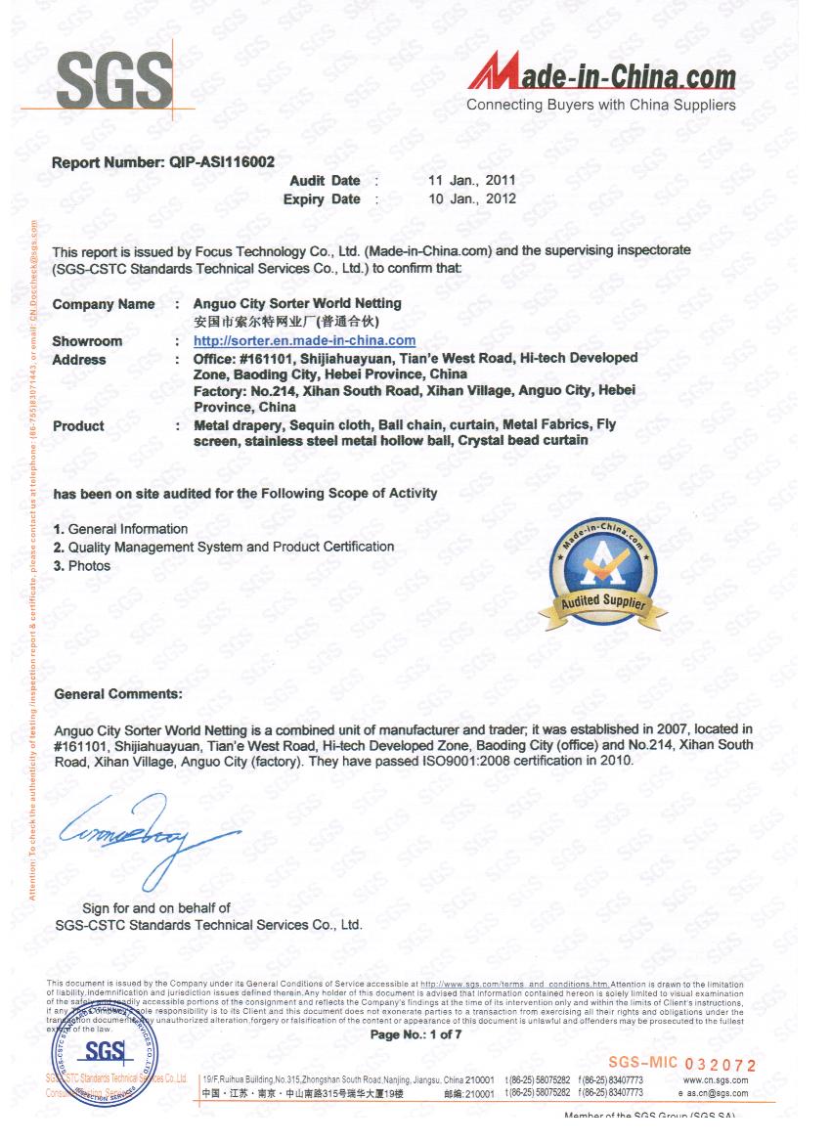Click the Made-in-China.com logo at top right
(x=602, y=74)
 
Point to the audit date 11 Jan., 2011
(x=472, y=181)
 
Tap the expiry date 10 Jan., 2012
(x=472, y=199)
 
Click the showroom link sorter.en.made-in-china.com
(x=304, y=341)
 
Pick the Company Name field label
(x=104, y=304)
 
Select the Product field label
(x=78, y=426)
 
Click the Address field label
(x=79, y=360)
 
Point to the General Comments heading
(x=118, y=693)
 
